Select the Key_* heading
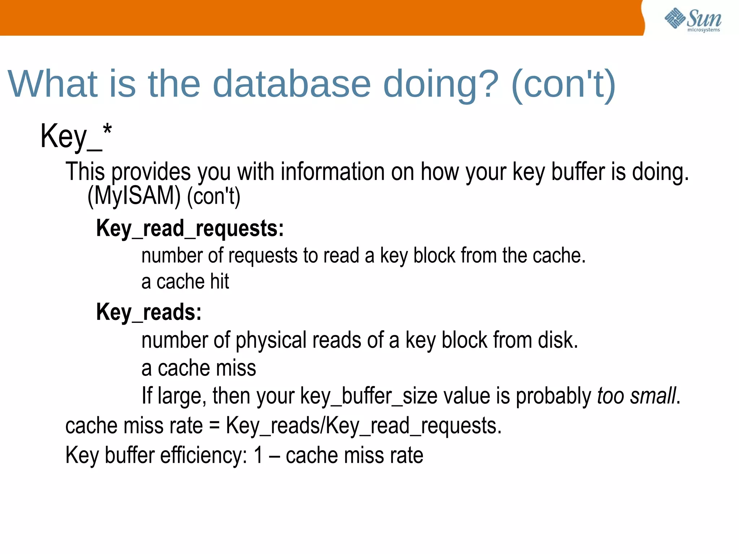point(76,136)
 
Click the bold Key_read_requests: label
point(190,229)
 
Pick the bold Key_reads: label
point(149,312)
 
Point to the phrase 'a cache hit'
point(185,282)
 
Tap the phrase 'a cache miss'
point(198,368)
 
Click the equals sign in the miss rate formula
point(214,426)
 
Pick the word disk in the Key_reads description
point(557,340)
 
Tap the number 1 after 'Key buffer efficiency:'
point(258,455)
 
